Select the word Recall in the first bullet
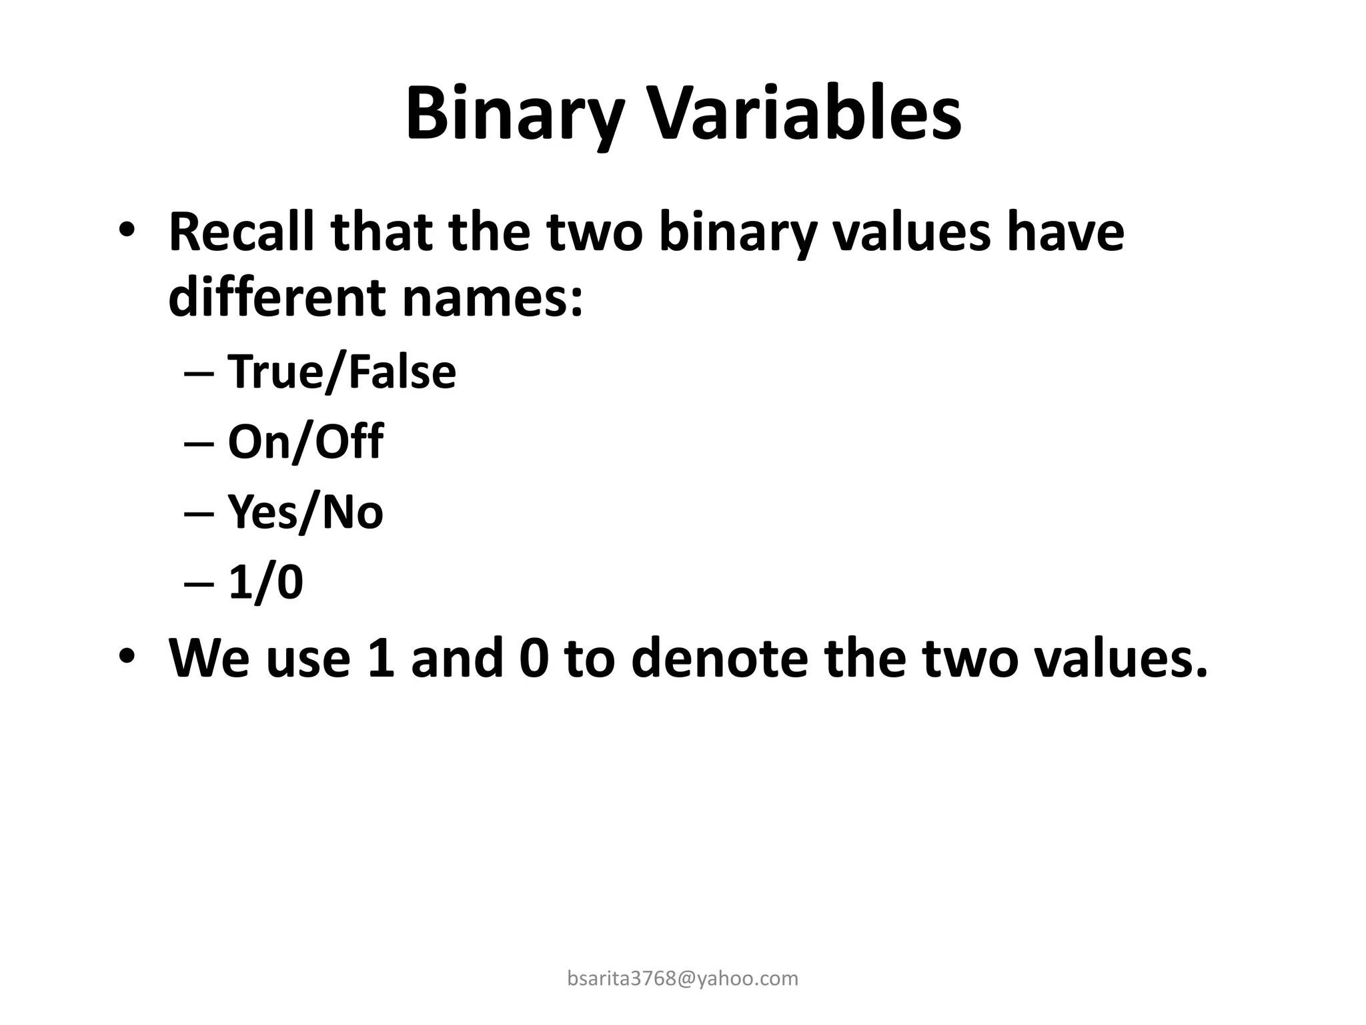point(241,232)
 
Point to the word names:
point(492,298)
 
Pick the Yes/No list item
point(305,512)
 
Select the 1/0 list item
point(265,582)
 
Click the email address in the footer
point(682,978)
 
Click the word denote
point(718,658)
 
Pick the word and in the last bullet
point(457,658)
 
